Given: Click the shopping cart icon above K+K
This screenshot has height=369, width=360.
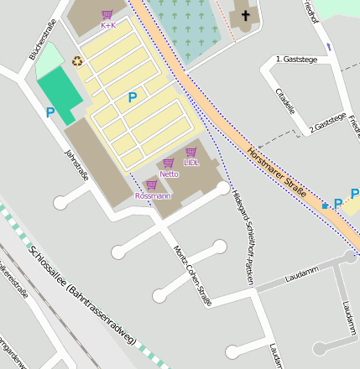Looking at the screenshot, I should pos(107,14).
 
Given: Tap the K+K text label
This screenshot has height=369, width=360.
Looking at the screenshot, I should pos(107,25).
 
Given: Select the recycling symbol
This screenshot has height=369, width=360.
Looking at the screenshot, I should pos(78,60).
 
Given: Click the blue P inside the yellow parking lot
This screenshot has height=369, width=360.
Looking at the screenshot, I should pos(132,97).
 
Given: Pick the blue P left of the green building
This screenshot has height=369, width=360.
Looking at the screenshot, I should pos(50,112).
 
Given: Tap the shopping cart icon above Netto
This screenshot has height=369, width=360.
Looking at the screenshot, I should pos(169,163).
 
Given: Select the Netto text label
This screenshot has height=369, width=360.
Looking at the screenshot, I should pos(170,174).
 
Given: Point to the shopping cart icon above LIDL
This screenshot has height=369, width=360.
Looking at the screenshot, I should pos(191,152).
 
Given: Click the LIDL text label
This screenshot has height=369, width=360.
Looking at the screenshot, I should pos(191,163).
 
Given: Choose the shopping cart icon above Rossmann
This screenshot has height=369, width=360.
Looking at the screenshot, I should pos(152,184).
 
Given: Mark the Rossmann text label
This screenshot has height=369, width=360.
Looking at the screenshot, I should pos(153,195).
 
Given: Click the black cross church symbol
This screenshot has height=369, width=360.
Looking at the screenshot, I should pos(246,15).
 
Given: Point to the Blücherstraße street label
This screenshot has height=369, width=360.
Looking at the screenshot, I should pos(43,39).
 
